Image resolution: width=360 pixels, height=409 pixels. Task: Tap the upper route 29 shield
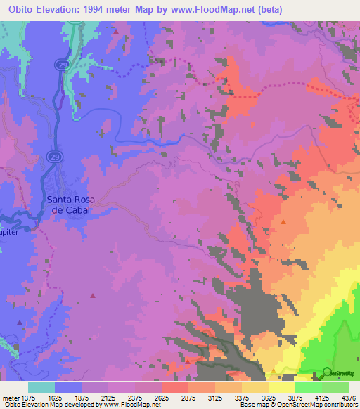61,64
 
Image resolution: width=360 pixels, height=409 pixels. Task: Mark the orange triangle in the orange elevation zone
283,221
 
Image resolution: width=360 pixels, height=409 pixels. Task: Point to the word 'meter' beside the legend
11,397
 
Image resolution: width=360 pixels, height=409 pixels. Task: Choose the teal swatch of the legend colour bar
41,387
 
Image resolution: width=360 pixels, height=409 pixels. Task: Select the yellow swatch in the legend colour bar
281,387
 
